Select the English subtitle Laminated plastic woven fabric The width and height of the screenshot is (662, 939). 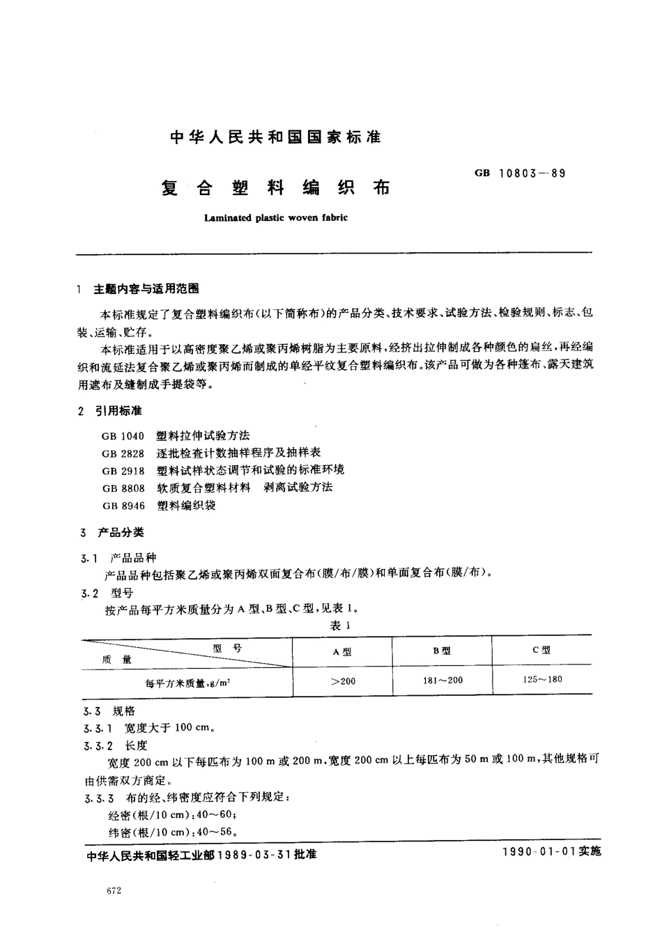coord(275,217)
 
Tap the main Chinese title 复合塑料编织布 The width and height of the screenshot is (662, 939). coord(275,187)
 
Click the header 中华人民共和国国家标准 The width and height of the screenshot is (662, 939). coord(275,137)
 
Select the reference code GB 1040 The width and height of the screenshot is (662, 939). coord(123,436)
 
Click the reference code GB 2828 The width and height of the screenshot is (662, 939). coord(123,453)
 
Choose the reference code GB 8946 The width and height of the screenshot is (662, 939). coord(123,506)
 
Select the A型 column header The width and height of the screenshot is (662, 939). coord(342,651)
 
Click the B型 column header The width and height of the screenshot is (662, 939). coord(442,651)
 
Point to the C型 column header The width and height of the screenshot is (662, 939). coord(541,650)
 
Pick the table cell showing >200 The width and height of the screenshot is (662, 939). coord(342,681)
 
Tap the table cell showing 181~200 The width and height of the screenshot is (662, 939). coord(442,680)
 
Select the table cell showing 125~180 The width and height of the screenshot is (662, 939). coord(541,679)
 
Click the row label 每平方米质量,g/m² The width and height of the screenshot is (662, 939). coord(187,683)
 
